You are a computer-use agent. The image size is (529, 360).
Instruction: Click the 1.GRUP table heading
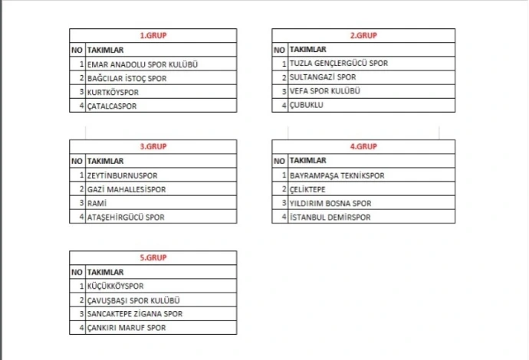[x=153, y=35]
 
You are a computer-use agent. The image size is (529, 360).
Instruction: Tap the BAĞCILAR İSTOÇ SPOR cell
[x=127, y=78]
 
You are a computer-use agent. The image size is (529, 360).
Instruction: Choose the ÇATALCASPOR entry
[x=112, y=106]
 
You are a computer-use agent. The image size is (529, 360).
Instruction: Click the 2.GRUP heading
[x=363, y=35]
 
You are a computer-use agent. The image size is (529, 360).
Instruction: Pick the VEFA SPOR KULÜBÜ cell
[x=325, y=91]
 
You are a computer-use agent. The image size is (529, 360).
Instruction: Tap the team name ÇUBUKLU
[x=307, y=105]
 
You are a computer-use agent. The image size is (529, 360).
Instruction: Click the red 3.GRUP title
[x=153, y=146]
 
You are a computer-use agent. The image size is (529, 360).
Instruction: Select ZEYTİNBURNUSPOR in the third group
[x=117, y=175]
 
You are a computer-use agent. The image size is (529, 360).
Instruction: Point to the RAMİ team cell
[x=97, y=203]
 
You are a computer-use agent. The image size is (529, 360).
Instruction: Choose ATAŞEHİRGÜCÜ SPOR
[x=126, y=218]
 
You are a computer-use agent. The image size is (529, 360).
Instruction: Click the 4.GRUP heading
[x=363, y=146]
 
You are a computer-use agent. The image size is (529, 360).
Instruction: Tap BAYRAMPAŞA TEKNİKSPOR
[x=337, y=175]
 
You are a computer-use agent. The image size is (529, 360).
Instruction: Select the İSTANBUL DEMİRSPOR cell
[x=330, y=218]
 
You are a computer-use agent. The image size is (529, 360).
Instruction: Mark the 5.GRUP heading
[x=153, y=258]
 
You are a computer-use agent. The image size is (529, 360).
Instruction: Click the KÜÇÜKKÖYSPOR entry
[x=116, y=286]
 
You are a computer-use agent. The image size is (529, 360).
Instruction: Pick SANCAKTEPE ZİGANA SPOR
[x=135, y=314]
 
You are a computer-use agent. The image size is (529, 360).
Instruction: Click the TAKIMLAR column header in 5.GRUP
[x=105, y=272]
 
